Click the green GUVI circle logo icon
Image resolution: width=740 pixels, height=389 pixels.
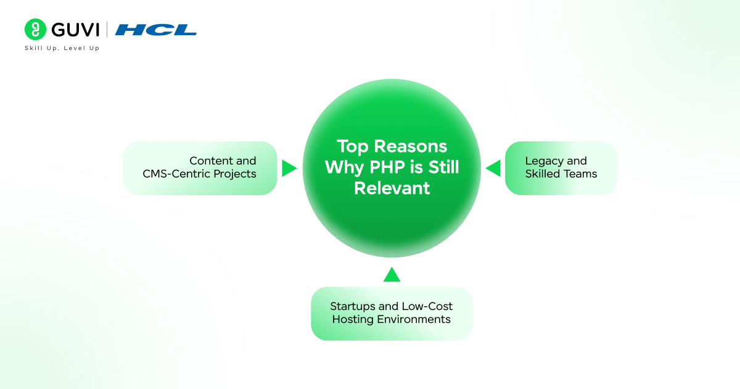pos(35,30)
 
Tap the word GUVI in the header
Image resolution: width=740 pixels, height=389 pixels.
pos(75,30)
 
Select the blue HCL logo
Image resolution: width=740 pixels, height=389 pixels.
pos(155,30)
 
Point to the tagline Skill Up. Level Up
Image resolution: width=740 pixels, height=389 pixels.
pos(62,48)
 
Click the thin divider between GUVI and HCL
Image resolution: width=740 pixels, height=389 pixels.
pos(107,30)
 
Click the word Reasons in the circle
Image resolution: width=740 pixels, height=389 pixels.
pos(410,146)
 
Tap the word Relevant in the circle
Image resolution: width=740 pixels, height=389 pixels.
pos(392,188)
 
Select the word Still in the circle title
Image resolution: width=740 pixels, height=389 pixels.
pos(443,167)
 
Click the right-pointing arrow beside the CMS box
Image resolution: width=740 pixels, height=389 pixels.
pos(289,168)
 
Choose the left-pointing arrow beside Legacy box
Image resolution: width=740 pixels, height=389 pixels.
pos(493,168)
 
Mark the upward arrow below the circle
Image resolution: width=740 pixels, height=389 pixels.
pos(392,275)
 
